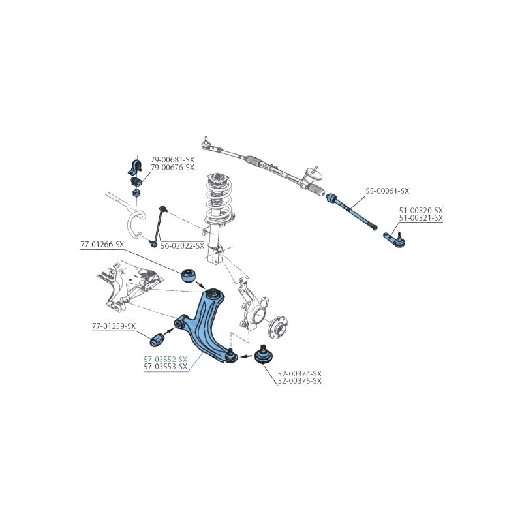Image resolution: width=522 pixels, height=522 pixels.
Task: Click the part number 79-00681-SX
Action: [x=172, y=160]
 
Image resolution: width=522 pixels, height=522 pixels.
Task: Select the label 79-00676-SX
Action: [x=172, y=168]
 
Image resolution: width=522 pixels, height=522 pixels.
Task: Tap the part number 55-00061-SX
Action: [x=387, y=191]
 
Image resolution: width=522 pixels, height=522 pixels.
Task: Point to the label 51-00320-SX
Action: [x=421, y=210]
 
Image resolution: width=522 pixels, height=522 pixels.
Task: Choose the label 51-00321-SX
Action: [x=421, y=218]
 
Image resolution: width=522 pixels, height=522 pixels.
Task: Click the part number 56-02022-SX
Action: [x=182, y=246]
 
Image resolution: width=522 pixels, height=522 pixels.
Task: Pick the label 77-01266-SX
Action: [x=102, y=245]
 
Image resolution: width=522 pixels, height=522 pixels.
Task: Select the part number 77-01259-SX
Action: [x=114, y=326]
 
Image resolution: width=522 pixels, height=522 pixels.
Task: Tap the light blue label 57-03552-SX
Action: [x=166, y=360]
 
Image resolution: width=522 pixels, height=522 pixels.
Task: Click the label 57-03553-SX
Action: [x=166, y=367]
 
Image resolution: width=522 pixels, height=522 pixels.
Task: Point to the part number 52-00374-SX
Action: [x=299, y=373]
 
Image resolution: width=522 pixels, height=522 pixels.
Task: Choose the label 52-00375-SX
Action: [x=299, y=381]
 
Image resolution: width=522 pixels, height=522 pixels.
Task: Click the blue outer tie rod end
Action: [x=395, y=239]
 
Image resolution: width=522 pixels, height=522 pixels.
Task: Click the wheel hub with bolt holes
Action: [x=278, y=328]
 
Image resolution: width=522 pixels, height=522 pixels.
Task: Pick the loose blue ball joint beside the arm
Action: [x=264, y=355]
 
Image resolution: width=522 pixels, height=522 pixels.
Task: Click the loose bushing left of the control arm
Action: [x=157, y=339]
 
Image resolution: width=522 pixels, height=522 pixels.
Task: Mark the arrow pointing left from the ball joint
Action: [x=247, y=356]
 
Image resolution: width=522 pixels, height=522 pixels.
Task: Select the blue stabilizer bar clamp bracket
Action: [x=135, y=167]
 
